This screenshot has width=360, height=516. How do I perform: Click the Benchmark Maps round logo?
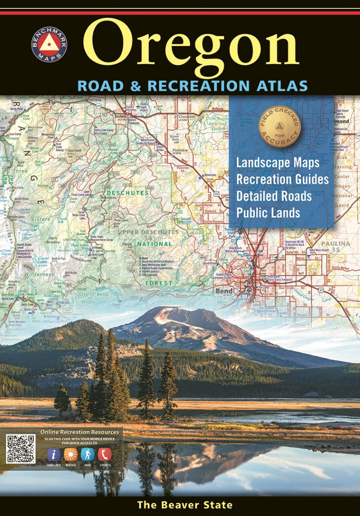pyautogui.click(x=49, y=44)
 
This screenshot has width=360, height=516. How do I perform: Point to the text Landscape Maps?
pyautogui.click(x=278, y=163)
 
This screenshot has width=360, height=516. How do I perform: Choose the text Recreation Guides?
pyautogui.click(x=282, y=180)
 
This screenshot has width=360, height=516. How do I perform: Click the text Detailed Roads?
pyautogui.click(x=274, y=196)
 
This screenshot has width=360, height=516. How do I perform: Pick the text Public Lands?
pyautogui.click(x=268, y=213)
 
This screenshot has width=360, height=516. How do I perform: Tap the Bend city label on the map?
pyautogui.click(x=224, y=291)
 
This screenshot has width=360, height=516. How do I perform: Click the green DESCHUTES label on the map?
pyautogui.click(x=128, y=193)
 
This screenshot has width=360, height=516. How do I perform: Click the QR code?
pyautogui.click(x=21, y=449)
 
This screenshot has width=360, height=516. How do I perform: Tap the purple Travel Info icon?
pyautogui.click(x=54, y=455)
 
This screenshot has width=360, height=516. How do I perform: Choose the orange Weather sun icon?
pyautogui.click(x=71, y=455)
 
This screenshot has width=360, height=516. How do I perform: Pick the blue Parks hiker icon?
pyautogui.click(x=88, y=455)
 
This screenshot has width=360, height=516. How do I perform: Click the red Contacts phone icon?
pyautogui.click(x=105, y=455)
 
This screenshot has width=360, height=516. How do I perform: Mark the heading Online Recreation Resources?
pyautogui.click(x=80, y=432)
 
